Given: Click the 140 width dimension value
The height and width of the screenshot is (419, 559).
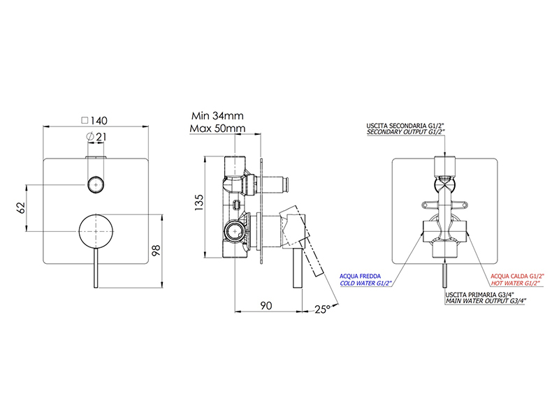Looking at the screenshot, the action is pyautogui.click(x=99, y=121).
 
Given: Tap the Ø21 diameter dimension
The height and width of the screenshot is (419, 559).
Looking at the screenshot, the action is pyautogui.click(x=96, y=136).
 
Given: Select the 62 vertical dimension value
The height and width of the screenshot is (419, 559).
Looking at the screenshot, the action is pyautogui.click(x=21, y=207).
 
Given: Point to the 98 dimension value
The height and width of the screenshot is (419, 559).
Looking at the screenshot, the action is pyautogui.click(x=156, y=250).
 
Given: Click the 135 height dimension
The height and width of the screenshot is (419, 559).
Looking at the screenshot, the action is pyautogui.click(x=198, y=203).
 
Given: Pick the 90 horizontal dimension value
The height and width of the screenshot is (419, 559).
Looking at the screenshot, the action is pyautogui.click(x=266, y=305).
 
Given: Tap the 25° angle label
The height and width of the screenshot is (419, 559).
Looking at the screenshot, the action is pyautogui.click(x=322, y=309).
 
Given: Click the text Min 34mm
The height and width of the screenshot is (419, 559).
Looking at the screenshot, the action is pyautogui.click(x=217, y=116).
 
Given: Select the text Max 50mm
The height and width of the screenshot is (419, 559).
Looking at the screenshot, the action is pyautogui.click(x=217, y=128).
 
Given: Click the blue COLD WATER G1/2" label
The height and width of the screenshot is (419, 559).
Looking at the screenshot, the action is pyautogui.click(x=365, y=284).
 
